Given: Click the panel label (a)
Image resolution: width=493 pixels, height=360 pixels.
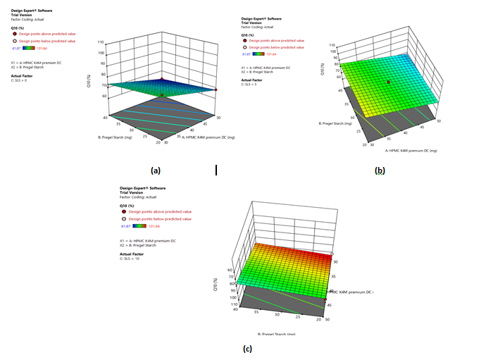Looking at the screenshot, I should click(156, 170).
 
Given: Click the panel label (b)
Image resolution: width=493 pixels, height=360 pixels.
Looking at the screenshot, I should click(380, 170).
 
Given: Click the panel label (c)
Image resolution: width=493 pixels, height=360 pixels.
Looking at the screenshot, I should click(247, 347).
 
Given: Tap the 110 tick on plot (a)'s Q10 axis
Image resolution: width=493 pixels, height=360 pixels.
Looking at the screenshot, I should click(101, 42).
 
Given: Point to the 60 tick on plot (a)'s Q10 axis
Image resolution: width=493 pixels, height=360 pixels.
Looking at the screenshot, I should click(104, 95).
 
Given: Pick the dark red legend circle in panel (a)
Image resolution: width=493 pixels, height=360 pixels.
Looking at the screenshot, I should click(13, 34).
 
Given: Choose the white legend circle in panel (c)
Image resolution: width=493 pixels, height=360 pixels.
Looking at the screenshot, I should click(126, 219).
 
